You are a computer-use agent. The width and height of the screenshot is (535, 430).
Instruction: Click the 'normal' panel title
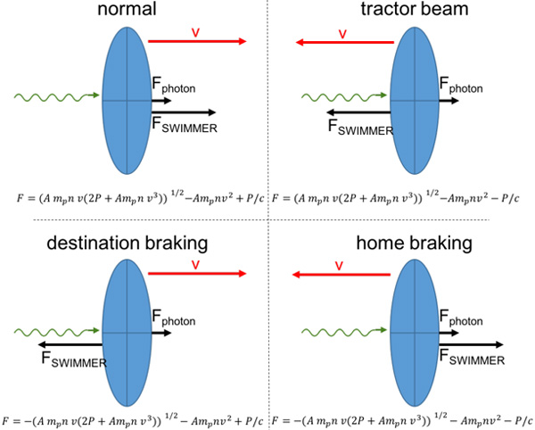pyautogui.click(x=127, y=9)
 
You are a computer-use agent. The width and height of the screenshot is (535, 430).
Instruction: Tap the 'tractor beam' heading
pyautogui.click(x=415, y=9)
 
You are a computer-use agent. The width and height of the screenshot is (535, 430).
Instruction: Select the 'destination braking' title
pyautogui.click(x=128, y=244)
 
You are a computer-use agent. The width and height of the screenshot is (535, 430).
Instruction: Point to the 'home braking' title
pyautogui.click(x=415, y=244)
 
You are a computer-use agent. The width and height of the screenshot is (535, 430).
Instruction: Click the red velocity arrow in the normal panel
pyautogui.click(x=197, y=42)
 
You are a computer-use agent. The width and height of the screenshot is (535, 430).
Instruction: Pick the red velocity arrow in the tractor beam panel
pyautogui.click(x=344, y=42)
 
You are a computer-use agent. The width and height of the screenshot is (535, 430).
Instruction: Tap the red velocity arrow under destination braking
pyautogui.click(x=197, y=273)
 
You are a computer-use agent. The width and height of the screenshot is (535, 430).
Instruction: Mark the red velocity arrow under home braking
pyautogui.click(x=342, y=275)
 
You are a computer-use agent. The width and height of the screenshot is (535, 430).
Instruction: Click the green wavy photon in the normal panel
pyautogui.click(x=57, y=97)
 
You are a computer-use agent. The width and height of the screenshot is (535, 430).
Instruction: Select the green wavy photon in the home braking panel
pyautogui.click(x=344, y=331)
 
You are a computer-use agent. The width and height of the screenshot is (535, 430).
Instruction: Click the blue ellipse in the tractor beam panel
pyautogui.click(x=415, y=101)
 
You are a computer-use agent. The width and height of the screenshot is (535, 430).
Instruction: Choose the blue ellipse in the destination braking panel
pyautogui.click(x=127, y=333)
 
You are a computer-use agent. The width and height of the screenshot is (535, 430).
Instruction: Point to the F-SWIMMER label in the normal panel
pyautogui.click(x=185, y=125)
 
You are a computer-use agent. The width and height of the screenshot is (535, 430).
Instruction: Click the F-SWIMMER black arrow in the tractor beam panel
pyautogui.click(x=358, y=112)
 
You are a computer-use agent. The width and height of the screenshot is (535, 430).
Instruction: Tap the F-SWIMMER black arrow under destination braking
pyautogui.click(x=70, y=344)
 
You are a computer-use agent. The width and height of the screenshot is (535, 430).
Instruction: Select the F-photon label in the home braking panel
pyautogui.click(x=461, y=318)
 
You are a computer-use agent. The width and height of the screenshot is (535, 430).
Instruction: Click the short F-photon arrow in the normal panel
pyautogui.click(x=161, y=101)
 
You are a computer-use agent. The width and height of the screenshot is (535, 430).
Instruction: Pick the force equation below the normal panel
pyautogui.click(x=140, y=198)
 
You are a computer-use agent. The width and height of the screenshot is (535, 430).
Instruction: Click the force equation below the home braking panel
pyautogui.click(x=402, y=420)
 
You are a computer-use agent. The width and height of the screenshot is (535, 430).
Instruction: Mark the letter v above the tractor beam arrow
pyautogui.click(x=342, y=34)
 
